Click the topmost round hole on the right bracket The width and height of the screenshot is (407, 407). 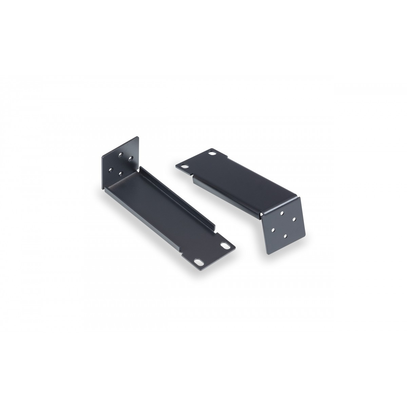click(282, 213)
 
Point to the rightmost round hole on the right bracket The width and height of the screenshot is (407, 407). click(294, 218)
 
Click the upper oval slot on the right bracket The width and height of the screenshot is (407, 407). click(213, 154)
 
